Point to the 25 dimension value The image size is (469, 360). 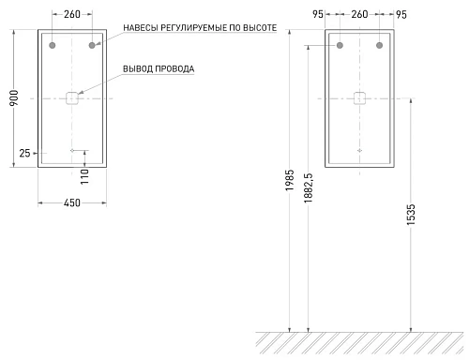point(24,153)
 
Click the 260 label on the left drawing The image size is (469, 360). point(72,14)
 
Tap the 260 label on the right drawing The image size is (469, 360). point(359,14)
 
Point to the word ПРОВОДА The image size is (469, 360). point(176,69)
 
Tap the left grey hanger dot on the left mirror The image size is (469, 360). point(53,45)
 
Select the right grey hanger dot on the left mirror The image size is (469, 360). point(92,45)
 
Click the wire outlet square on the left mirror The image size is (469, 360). point(72,97)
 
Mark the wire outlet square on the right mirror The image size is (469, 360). point(359,97)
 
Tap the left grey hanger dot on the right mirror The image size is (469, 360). point(340,45)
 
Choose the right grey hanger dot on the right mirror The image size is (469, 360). point(379,45)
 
